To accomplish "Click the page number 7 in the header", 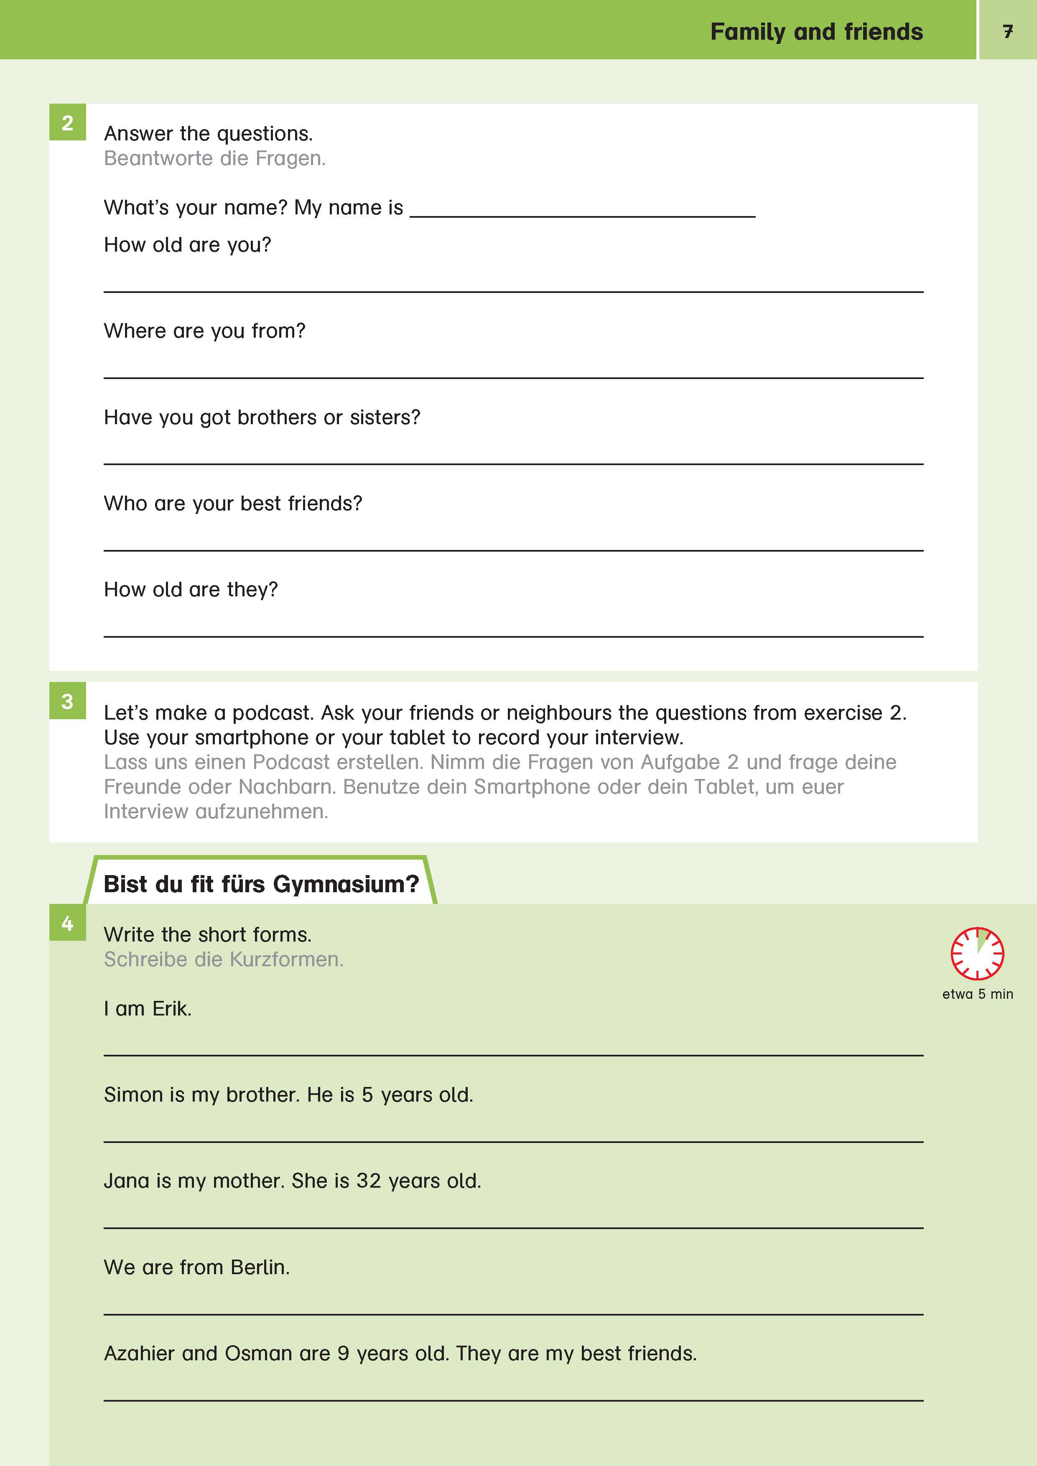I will [x=1008, y=31].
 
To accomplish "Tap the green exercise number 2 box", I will [x=67, y=122].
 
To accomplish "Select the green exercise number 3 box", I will [x=67, y=701].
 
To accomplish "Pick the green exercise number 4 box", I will [x=67, y=923].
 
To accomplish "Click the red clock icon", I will [x=977, y=953].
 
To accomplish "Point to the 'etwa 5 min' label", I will [x=977, y=994].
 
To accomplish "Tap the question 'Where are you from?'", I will [x=204, y=331].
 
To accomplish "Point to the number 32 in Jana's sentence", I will [x=368, y=1181].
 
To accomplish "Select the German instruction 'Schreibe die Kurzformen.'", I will [x=224, y=959].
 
